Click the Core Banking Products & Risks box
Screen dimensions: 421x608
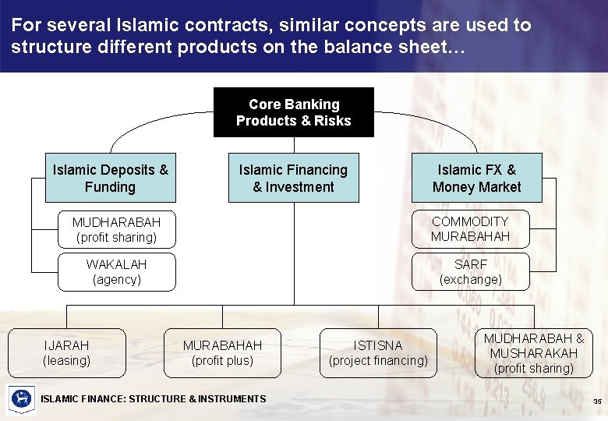293,112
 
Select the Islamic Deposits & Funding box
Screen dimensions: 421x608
110,178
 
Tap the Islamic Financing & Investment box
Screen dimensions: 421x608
293,178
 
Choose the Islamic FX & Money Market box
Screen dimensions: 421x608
476,178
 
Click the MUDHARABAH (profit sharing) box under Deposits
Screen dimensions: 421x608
117,229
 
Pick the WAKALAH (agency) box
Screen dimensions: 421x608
117,272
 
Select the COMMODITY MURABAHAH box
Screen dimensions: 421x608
470,229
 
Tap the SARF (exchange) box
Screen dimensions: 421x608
470,272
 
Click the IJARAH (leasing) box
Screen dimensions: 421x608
66,353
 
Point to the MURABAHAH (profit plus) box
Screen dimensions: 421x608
222,353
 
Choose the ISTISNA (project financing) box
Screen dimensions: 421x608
378,353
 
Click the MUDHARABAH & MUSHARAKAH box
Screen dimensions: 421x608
534,353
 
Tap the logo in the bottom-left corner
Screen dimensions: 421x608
21,399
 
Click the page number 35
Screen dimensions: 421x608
596,402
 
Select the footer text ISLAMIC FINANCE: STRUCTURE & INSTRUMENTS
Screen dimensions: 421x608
154,399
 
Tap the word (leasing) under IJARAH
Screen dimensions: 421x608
66,361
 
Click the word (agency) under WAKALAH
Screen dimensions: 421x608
117,280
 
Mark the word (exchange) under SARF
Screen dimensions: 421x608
470,280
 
